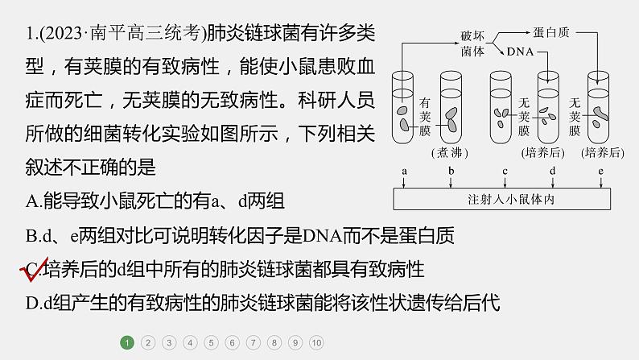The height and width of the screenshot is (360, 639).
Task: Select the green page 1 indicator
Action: pyautogui.click(x=126, y=342)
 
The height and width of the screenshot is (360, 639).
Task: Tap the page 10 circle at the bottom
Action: pyautogui.click(x=316, y=342)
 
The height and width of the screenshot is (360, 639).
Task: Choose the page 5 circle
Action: pyautogui.click(x=211, y=342)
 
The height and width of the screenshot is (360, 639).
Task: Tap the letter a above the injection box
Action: pyautogui.click(x=404, y=172)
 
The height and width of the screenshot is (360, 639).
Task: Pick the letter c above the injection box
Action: pyautogui.click(x=505, y=172)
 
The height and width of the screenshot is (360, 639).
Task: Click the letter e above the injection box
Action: pyautogui.click(x=600, y=172)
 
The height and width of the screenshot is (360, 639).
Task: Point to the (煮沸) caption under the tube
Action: pyautogui.click(x=451, y=151)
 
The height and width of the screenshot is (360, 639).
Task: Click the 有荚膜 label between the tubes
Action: pyautogui.click(x=427, y=114)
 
